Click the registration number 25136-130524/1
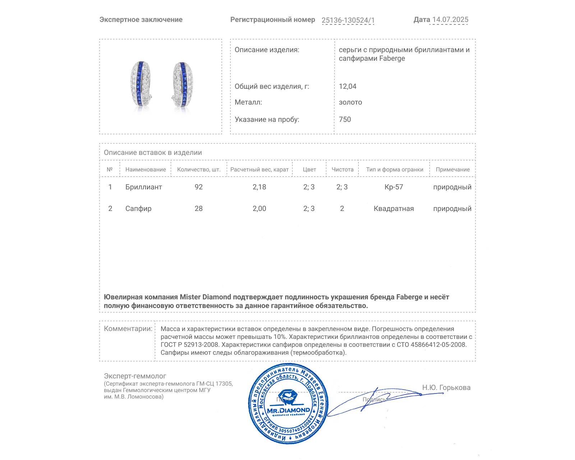348,20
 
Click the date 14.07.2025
450,20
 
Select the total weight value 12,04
348,86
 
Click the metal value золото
350,102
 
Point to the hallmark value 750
345,119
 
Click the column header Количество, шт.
199,169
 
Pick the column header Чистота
342,169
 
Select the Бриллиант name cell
144,187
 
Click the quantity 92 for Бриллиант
199,187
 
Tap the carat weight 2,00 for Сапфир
259,208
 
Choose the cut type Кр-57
394,187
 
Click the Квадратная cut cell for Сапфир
394,208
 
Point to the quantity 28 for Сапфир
199,208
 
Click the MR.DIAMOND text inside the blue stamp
289,410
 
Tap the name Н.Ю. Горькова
446,387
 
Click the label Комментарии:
128,328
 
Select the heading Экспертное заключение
141,20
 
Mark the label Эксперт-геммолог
135,376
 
